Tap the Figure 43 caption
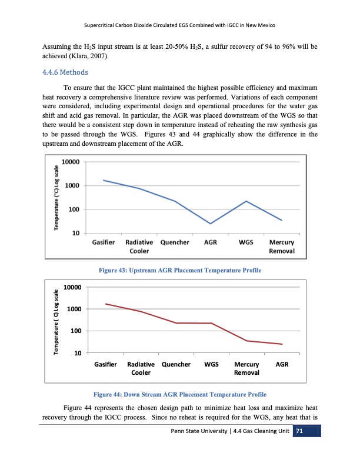(180, 269)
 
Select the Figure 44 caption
(180, 394)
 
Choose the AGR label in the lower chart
(282, 364)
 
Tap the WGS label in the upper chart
(246, 242)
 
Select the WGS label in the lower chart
(211, 364)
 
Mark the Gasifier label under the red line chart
(106, 364)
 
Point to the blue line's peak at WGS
(246, 201)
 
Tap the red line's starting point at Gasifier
(105, 304)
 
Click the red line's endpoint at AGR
(282, 344)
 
